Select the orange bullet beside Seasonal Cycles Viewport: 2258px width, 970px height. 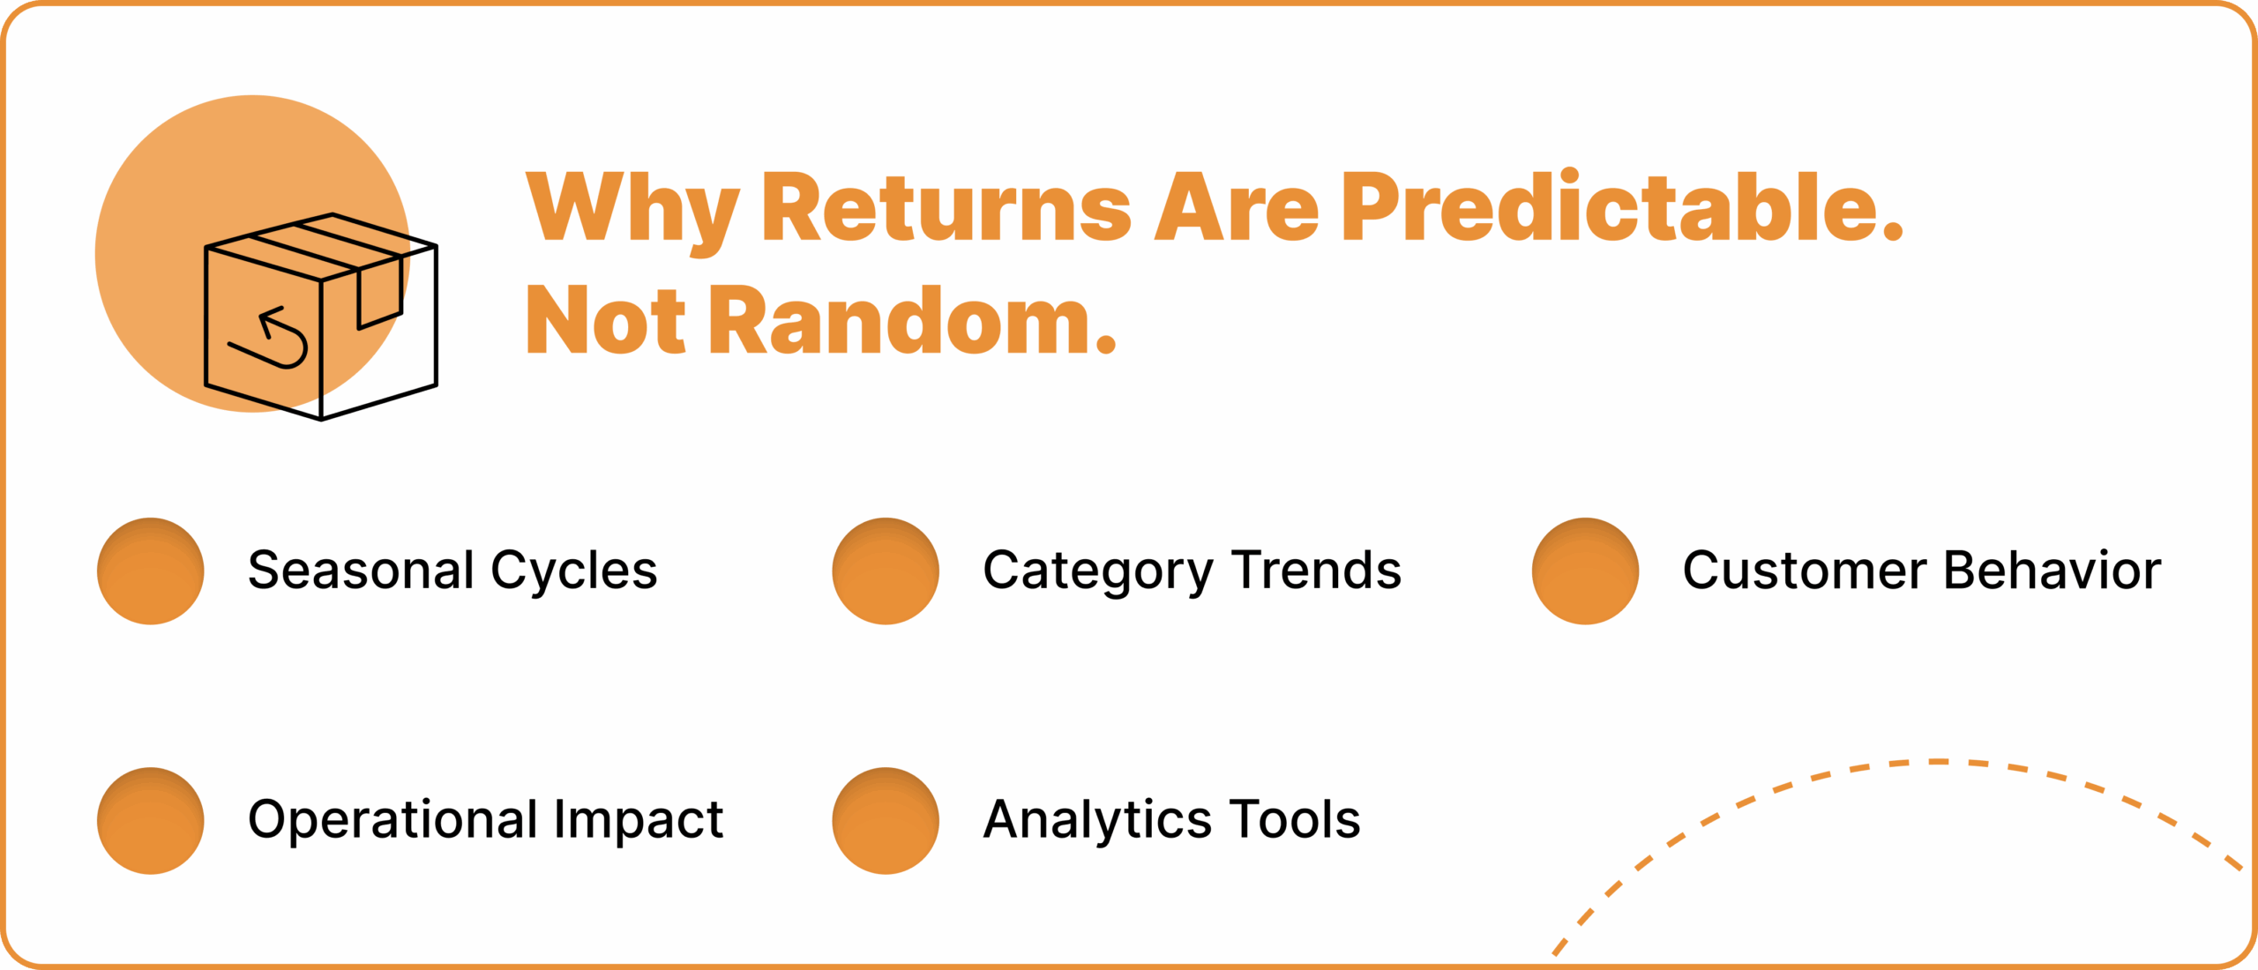pyautogui.click(x=151, y=571)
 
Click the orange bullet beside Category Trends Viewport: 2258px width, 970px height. pyautogui.click(x=886, y=571)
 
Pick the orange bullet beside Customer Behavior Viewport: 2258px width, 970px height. pyautogui.click(x=1585, y=571)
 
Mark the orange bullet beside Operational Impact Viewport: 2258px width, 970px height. pyautogui.click(x=151, y=821)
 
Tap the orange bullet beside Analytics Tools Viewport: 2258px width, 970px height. pyautogui.click(x=886, y=821)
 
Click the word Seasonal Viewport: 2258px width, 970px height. pyautogui.click(x=362, y=570)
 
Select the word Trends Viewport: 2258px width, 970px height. pyautogui.click(x=1317, y=570)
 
